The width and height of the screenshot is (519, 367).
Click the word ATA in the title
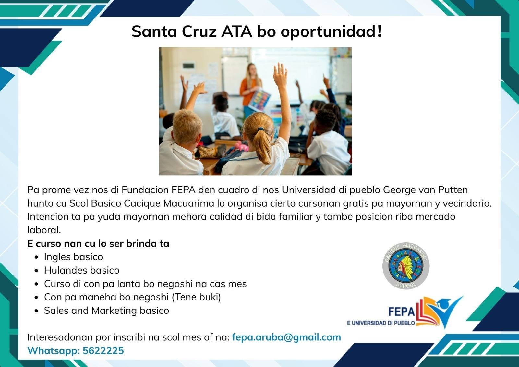pyautogui.click(x=236, y=31)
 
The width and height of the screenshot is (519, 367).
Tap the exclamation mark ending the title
pyautogui.click(x=380, y=31)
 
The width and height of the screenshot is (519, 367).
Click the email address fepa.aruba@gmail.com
pyautogui.click(x=286, y=337)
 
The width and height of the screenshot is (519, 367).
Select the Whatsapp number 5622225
pyautogui.click(x=103, y=350)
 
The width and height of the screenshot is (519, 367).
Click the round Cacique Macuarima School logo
pyautogui.click(x=406, y=266)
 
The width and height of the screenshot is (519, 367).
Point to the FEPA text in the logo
pyautogui.click(x=402, y=312)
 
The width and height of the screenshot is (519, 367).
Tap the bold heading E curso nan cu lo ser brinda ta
pyautogui.click(x=98, y=244)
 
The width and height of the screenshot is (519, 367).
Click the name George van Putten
pyautogui.click(x=425, y=190)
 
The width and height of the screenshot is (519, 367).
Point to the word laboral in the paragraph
pyautogui.click(x=44, y=230)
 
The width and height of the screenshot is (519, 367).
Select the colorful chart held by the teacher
pyautogui.click(x=260, y=100)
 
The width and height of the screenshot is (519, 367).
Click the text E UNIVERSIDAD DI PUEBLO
pyautogui.click(x=381, y=323)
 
